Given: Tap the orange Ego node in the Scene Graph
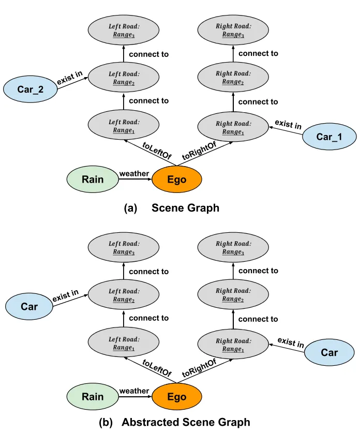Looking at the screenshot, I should pyautogui.click(x=176, y=180).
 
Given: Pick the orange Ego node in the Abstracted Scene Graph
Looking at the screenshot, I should pyautogui.click(x=176, y=397).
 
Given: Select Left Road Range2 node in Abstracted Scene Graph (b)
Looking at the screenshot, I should pyautogui.click(x=124, y=295).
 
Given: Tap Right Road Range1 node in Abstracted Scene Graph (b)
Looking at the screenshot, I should pyautogui.click(x=233, y=345).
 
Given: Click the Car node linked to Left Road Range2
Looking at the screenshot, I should pyautogui.click(x=29, y=306).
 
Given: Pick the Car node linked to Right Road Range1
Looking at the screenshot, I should pyautogui.click(x=329, y=353).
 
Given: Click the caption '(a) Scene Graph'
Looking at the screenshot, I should pyautogui.click(x=172, y=208).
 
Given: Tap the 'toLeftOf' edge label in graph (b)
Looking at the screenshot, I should pyautogui.click(x=156, y=368).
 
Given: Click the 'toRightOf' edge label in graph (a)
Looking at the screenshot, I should pyautogui.click(x=199, y=150).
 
